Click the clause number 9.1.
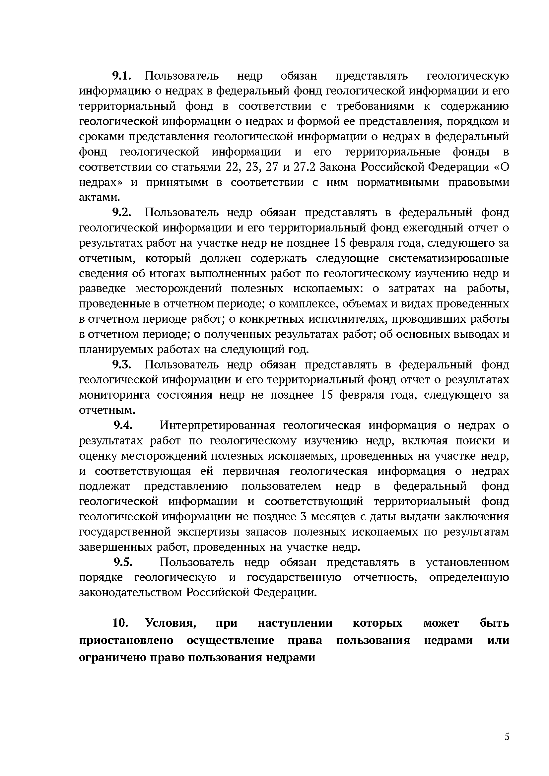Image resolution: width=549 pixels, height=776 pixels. pyautogui.click(x=121, y=76)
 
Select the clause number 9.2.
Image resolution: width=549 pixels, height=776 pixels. pyautogui.click(x=121, y=213)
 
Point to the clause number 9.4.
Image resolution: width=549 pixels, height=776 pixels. pyautogui.click(x=122, y=425)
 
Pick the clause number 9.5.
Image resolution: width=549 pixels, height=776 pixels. pyautogui.click(x=122, y=562)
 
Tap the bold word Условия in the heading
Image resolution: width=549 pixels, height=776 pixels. pyautogui.click(x=171, y=623)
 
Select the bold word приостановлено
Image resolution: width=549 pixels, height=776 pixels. pyautogui.click(x=126, y=640)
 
